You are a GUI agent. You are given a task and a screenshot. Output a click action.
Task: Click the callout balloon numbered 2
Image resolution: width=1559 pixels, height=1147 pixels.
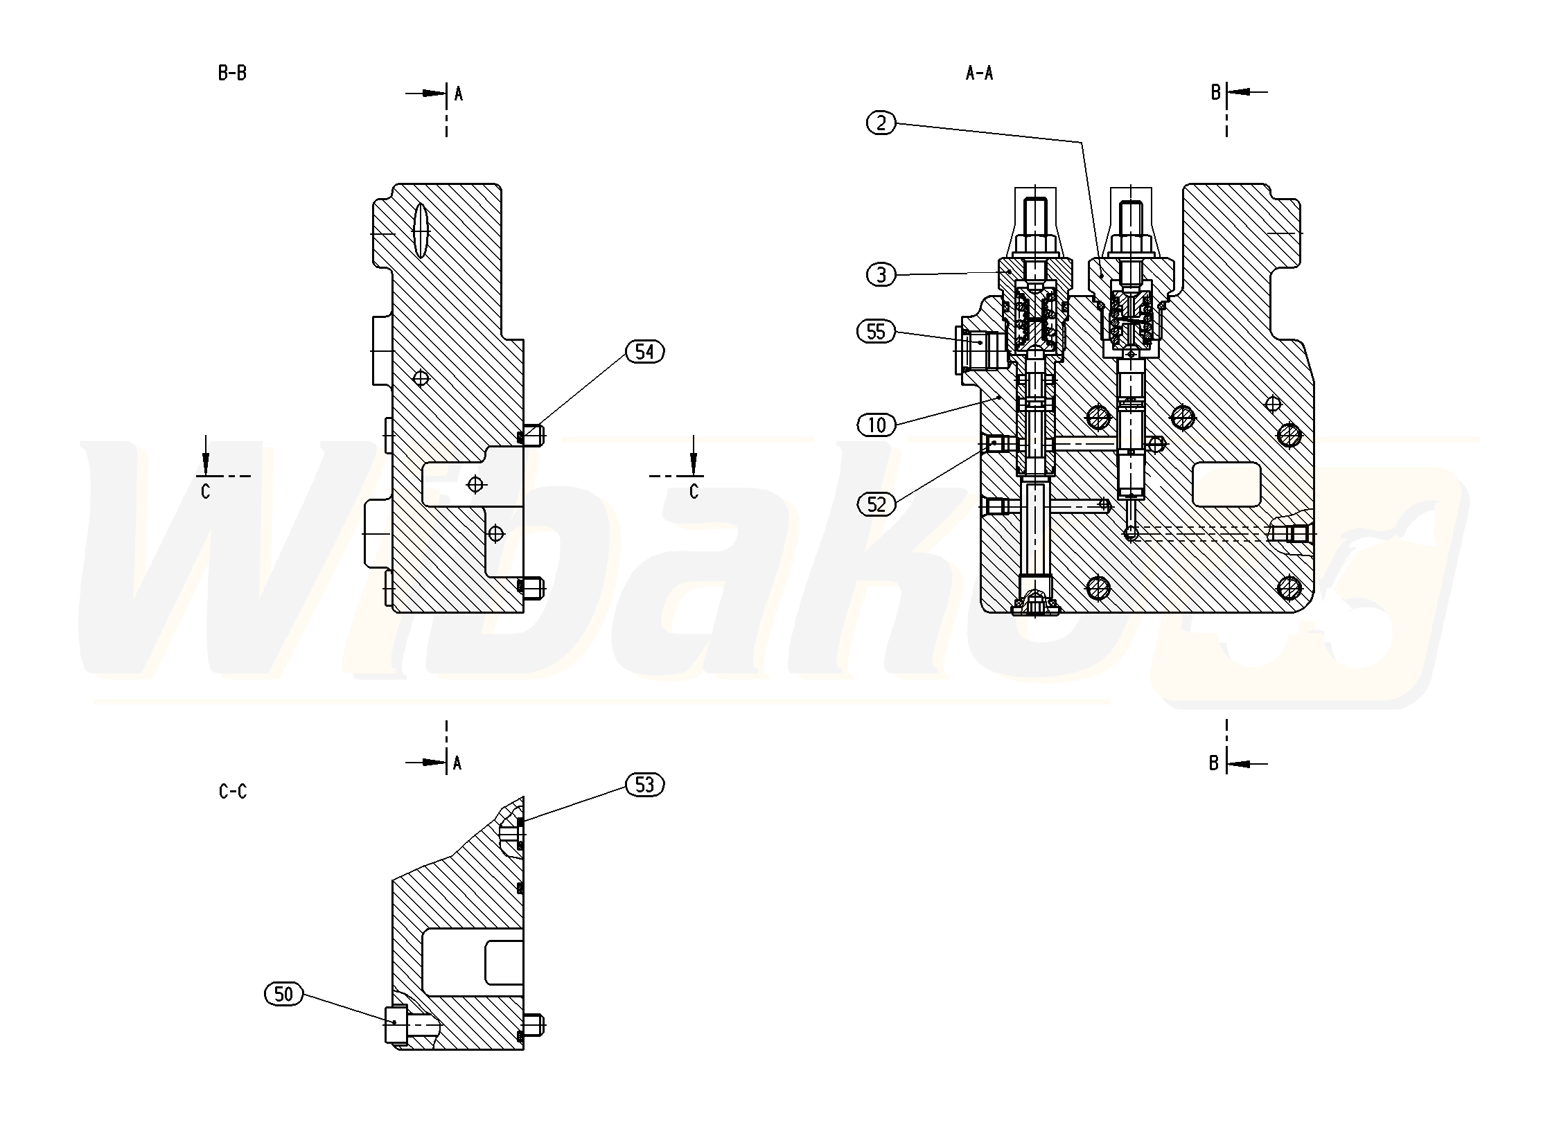click(x=881, y=123)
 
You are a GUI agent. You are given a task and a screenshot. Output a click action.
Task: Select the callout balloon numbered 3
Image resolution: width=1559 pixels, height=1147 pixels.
click(x=881, y=275)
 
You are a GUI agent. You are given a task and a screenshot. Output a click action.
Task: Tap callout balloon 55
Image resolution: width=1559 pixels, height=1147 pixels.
click(x=876, y=332)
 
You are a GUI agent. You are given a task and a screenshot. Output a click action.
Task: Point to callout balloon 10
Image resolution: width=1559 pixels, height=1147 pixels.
click(x=877, y=424)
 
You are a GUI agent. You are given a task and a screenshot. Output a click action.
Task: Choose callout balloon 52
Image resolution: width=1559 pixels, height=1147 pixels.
click(x=877, y=504)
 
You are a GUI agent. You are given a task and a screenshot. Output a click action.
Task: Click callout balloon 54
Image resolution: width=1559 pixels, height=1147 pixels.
click(x=644, y=352)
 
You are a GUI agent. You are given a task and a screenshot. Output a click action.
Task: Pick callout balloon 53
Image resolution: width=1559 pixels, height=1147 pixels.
click(x=644, y=785)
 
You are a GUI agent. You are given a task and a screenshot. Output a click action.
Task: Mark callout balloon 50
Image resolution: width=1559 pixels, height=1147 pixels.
click(x=283, y=994)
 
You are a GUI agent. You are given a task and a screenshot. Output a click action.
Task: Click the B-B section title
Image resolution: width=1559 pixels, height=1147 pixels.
click(x=232, y=73)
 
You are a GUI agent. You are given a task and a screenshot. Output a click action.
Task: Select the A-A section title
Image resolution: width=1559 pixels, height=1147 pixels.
click(x=979, y=73)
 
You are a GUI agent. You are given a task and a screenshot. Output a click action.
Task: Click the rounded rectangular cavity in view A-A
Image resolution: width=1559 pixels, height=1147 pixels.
click(x=1226, y=484)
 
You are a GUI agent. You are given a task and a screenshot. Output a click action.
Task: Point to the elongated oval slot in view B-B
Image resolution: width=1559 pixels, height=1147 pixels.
click(x=420, y=231)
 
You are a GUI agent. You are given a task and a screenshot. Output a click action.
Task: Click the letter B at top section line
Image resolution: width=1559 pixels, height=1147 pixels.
click(x=1215, y=92)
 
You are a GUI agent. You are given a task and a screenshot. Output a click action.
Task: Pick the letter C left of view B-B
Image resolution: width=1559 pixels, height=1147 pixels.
click(x=205, y=492)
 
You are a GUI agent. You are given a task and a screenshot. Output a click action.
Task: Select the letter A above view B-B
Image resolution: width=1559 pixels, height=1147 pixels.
click(x=458, y=94)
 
